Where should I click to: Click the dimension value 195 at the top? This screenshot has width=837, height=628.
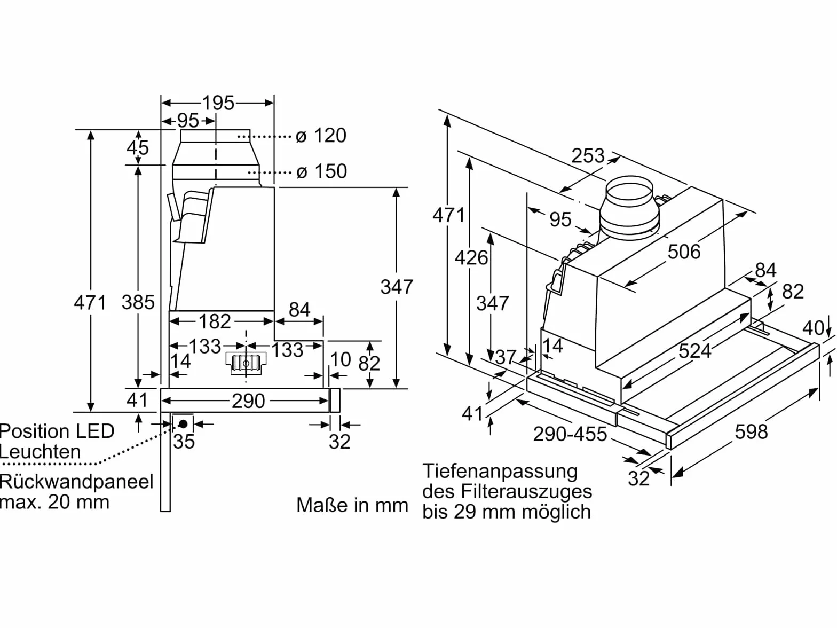[x=218, y=103]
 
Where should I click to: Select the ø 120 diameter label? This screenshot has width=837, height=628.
[x=321, y=135]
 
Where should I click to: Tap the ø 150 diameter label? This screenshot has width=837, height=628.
[x=321, y=171]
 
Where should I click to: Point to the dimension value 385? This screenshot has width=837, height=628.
[x=138, y=302]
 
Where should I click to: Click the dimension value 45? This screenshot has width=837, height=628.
[x=138, y=147]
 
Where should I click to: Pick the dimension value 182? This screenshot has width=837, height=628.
[x=215, y=321]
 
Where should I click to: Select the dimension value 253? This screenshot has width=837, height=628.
[x=588, y=155]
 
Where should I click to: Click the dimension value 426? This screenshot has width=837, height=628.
[x=471, y=258]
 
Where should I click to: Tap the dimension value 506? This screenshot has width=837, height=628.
[x=684, y=252]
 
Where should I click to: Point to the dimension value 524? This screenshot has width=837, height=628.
[x=694, y=351]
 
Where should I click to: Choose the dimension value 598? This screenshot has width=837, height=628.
[x=751, y=431]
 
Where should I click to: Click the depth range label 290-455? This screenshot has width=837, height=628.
[x=570, y=434]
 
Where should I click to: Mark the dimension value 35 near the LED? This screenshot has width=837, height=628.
[x=184, y=442]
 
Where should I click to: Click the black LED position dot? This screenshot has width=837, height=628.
[x=184, y=423]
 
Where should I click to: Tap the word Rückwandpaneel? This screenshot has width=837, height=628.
[x=76, y=483]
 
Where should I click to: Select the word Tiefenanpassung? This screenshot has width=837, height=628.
[x=500, y=472]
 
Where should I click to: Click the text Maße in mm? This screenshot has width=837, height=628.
[x=352, y=505]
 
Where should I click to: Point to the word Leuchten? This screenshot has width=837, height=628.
[x=41, y=451]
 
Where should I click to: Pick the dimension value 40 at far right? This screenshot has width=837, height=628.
[x=814, y=328]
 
